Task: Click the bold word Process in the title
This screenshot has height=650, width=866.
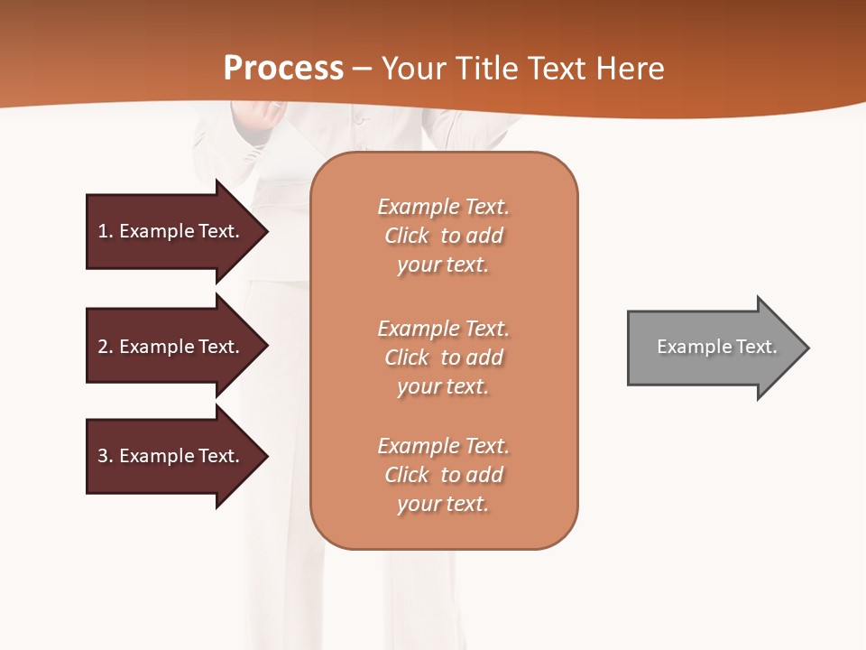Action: [x=283, y=68]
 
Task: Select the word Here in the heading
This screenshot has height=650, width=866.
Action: [x=630, y=69]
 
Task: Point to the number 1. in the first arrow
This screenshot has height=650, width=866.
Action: [x=106, y=231]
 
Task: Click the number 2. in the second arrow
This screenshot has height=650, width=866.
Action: [x=106, y=347]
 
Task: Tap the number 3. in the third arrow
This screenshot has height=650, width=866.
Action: [x=106, y=456]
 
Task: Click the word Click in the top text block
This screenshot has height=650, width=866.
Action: [x=407, y=236]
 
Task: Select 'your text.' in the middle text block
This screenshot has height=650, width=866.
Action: [x=443, y=386]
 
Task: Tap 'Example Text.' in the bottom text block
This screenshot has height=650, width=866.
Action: [x=443, y=446]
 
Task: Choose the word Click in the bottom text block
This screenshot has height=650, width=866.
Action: [x=407, y=475]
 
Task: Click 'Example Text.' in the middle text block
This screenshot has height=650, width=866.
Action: [x=443, y=329]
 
